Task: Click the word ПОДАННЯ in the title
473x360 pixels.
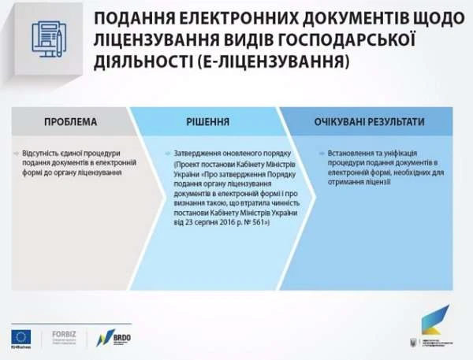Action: (x=136, y=17)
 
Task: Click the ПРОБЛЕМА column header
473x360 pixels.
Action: (x=70, y=122)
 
